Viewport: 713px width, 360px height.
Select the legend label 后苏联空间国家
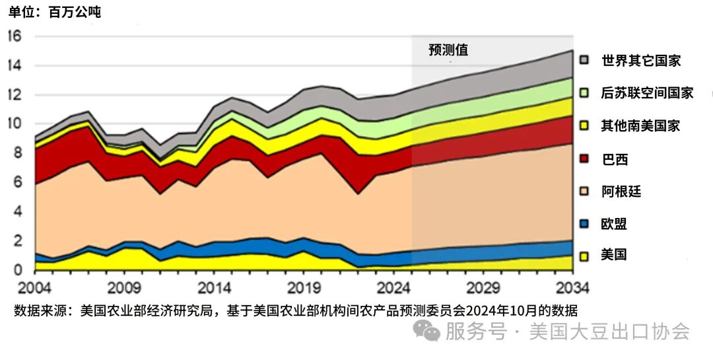(647, 92)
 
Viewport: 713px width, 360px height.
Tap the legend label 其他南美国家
(640, 126)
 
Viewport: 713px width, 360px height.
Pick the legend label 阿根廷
(621, 192)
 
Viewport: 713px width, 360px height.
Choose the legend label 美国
(614, 254)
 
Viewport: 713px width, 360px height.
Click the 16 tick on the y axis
(14, 36)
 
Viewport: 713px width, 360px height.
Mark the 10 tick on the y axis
(14, 124)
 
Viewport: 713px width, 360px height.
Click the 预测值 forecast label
(448, 50)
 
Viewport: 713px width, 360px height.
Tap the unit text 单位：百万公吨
(55, 12)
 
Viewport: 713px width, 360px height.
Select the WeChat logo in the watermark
(431, 331)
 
